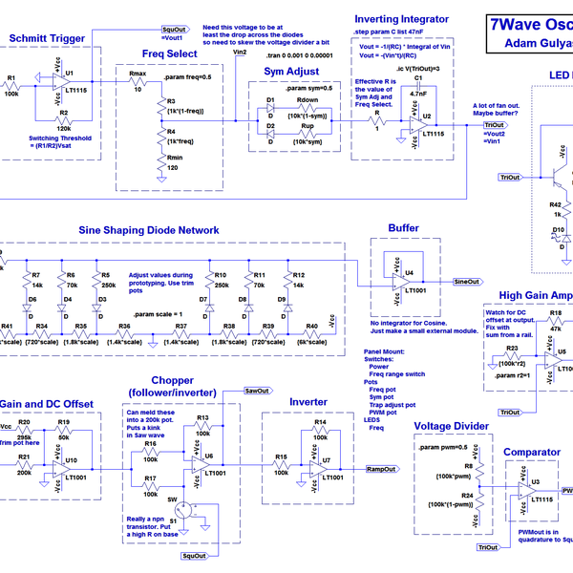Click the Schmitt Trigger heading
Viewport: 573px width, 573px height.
48,38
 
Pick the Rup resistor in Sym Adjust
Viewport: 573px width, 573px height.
308,133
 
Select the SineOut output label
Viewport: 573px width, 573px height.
466,283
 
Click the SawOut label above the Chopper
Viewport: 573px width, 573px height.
257,392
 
